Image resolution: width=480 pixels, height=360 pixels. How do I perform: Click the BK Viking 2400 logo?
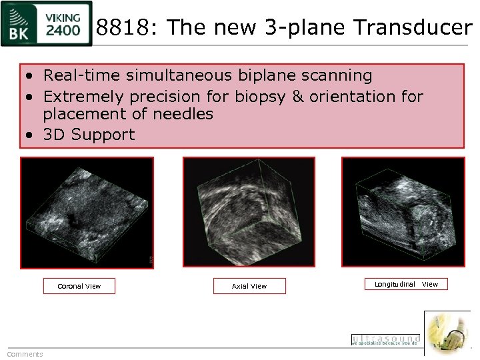(x=46, y=24)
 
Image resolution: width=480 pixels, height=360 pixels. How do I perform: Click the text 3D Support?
(x=89, y=134)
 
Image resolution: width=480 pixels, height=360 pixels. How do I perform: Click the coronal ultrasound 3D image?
(x=87, y=213)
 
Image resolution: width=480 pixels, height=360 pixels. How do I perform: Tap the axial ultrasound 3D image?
(x=249, y=213)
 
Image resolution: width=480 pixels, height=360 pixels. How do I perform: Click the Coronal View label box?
(x=79, y=286)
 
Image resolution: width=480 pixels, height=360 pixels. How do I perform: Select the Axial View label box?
(x=249, y=286)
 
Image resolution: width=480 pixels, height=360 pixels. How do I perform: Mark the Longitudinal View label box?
(x=406, y=284)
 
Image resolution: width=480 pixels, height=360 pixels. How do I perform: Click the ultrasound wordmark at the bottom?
(x=385, y=339)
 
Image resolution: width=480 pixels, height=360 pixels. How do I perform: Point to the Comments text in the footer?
(x=25, y=354)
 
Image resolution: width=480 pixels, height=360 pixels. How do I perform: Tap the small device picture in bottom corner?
(x=447, y=333)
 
